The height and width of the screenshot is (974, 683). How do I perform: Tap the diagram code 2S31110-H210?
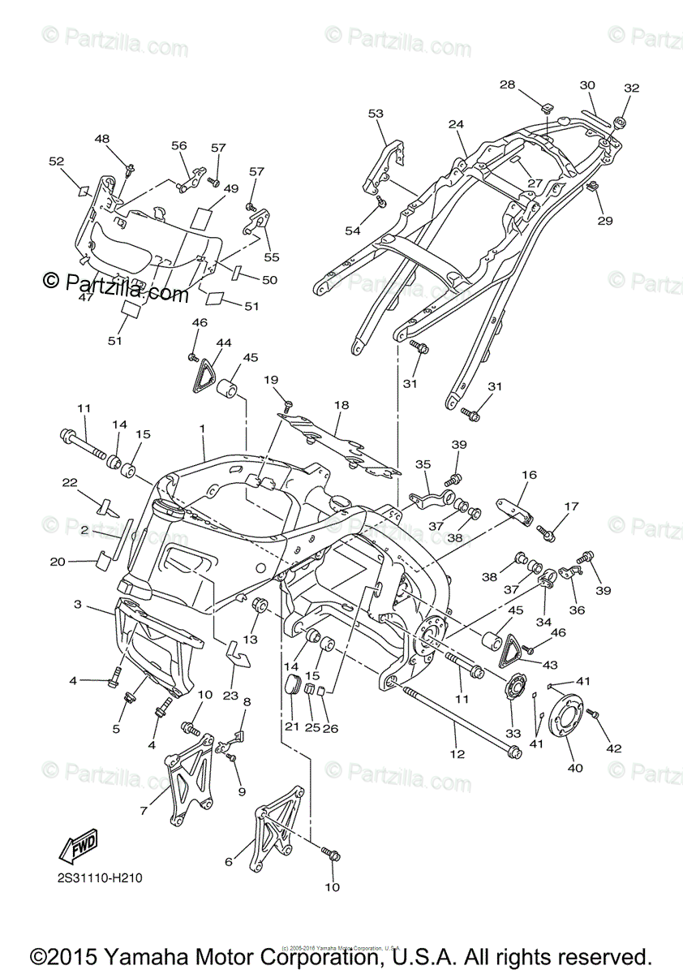[x=101, y=878]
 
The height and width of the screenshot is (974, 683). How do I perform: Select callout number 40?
[x=574, y=767]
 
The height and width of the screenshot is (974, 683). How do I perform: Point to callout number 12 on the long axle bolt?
[x=457, y=754]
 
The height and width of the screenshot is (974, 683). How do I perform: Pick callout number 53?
[x=376, y=114]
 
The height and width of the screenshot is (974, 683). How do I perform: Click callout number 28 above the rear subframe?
[x=507, y=84]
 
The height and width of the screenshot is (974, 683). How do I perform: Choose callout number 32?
[x=631, y=88]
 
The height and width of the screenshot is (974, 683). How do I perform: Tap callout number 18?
[x=341, y=404]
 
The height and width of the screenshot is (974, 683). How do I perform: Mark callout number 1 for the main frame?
[x=202, y=428]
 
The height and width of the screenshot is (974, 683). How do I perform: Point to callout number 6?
[x=228, y=862]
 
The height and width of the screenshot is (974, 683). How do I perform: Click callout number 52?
[x=56, y=162]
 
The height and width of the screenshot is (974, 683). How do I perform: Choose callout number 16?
[x=530, y=475]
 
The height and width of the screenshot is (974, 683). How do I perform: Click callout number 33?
[x=512, y=734]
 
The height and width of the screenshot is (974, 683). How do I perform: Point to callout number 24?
[x=456, y=124]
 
